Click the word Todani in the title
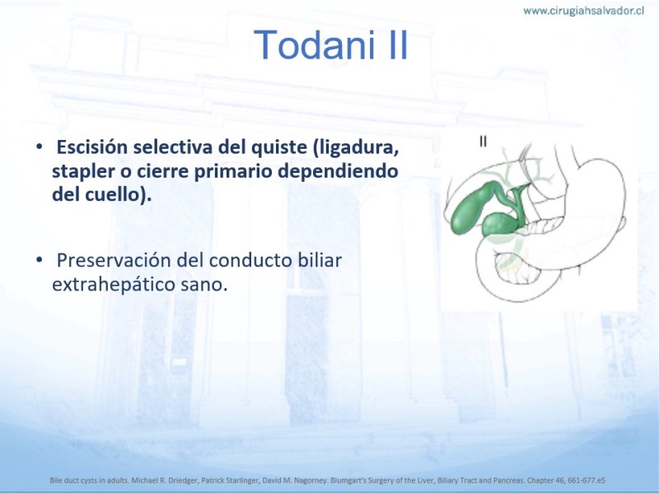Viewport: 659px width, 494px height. pyautogui.click(x=314, y=45)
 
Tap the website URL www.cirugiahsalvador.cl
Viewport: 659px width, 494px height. pyautogui.click(x=583, y=11)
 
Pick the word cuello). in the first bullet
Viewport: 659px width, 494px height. pyautogui.click(x=119, y=195)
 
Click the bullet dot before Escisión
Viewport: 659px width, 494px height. pyautogui.click(x=39, y=147)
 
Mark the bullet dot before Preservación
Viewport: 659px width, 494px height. pyautogui.click(x=39, y=260)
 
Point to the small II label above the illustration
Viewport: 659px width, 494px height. pyautogui.click(x=484, y=142)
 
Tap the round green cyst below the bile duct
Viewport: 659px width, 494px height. pyautogui.click(x=498, y=225)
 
